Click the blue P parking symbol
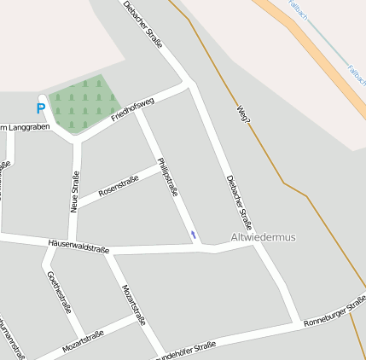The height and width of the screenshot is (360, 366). point(40,108)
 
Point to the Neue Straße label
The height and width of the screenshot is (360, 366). point(75,193)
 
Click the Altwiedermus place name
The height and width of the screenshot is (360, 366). point(264,237)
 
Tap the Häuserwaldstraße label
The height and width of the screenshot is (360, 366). point(78,247)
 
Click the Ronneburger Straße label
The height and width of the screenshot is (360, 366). point(334,311)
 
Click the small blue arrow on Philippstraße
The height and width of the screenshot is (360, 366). point(194,234)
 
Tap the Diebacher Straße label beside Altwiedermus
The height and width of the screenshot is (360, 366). point(240,202)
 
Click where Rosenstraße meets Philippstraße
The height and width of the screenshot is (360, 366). point(158,163)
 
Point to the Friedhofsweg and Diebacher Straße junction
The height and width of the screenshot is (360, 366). point(189,84)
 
